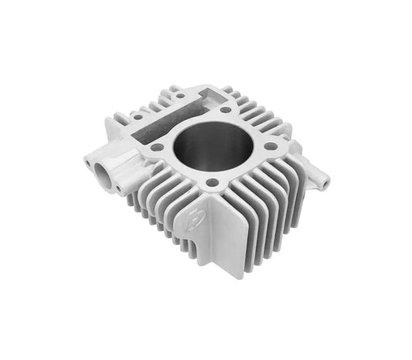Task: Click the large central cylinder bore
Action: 208,149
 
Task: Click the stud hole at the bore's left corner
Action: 157,146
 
